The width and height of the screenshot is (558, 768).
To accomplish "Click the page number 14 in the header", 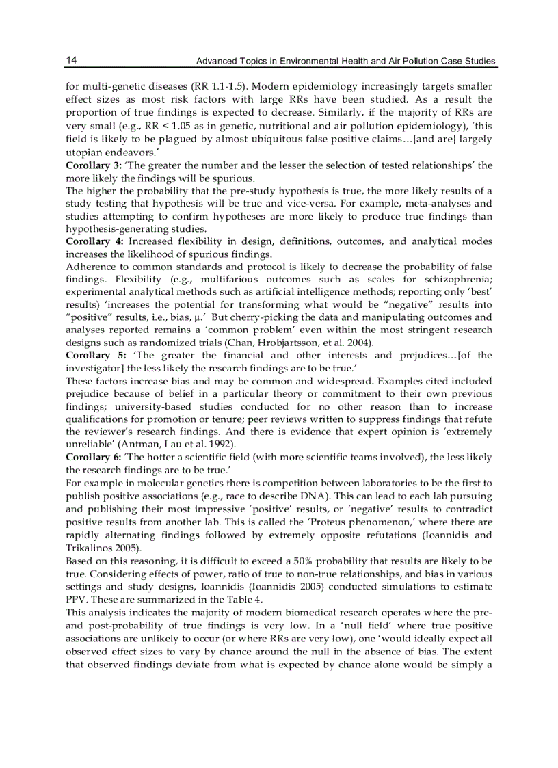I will coord(71,61).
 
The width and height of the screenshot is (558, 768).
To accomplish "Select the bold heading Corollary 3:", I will coord(92,166).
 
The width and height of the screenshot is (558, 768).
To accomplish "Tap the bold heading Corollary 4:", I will coord(92,242).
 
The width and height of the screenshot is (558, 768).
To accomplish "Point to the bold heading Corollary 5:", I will coord(92,355).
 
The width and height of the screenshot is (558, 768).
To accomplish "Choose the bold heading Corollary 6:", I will coord(93,456).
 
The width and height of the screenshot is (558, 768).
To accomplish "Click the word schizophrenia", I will coord(461,280).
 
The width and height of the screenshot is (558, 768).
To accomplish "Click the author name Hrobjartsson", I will coord(261,343).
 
